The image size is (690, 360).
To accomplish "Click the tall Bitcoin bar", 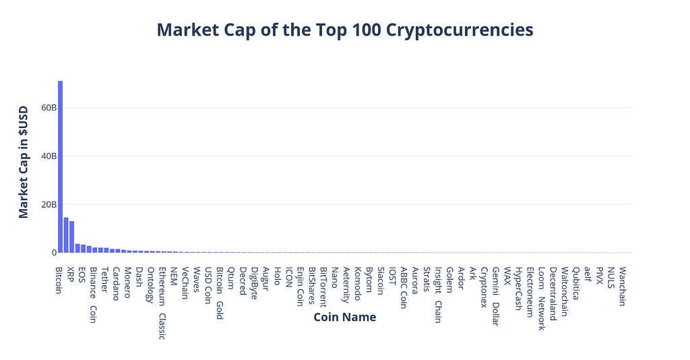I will click(60, 167).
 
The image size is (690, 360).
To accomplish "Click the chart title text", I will click(345, 30).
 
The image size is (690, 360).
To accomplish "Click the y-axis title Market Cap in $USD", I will click(24, 162).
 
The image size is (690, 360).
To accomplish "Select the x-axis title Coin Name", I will click(344, 317).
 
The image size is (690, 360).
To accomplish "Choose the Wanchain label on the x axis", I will click(621, 286).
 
